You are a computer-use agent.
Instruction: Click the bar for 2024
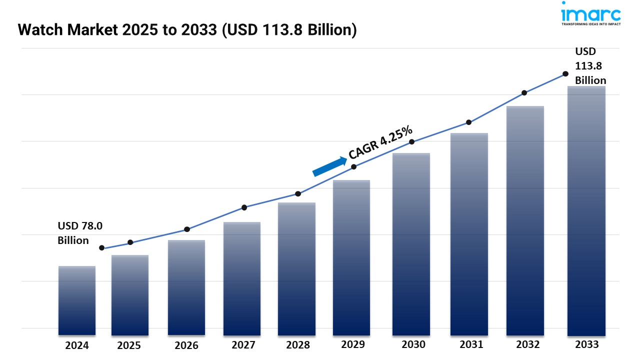[x=77, y=300]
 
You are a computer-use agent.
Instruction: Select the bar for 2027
[x=242, y=278]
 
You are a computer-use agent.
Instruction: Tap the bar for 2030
[x=411, y=244]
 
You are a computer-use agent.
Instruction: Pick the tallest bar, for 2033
[x=586, y=210]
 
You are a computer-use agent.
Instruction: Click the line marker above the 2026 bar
[x=187, y=229]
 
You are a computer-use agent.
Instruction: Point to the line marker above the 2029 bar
[x=353, y=166]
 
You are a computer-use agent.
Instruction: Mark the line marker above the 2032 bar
[x=524, y=93]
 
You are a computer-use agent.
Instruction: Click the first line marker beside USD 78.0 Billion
[x=102, y=248]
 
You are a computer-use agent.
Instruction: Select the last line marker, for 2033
[x=565, y=73]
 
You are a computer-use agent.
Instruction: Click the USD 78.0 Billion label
[x=80, y=233]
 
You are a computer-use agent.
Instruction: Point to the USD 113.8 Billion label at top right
[x=590, y=65]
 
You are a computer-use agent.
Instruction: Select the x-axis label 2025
[x=129, y=345]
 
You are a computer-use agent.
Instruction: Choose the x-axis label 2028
[x=297, y=345]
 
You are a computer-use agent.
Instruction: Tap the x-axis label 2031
[x=471, y=344]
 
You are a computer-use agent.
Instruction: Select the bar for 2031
[x=469, y=234]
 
